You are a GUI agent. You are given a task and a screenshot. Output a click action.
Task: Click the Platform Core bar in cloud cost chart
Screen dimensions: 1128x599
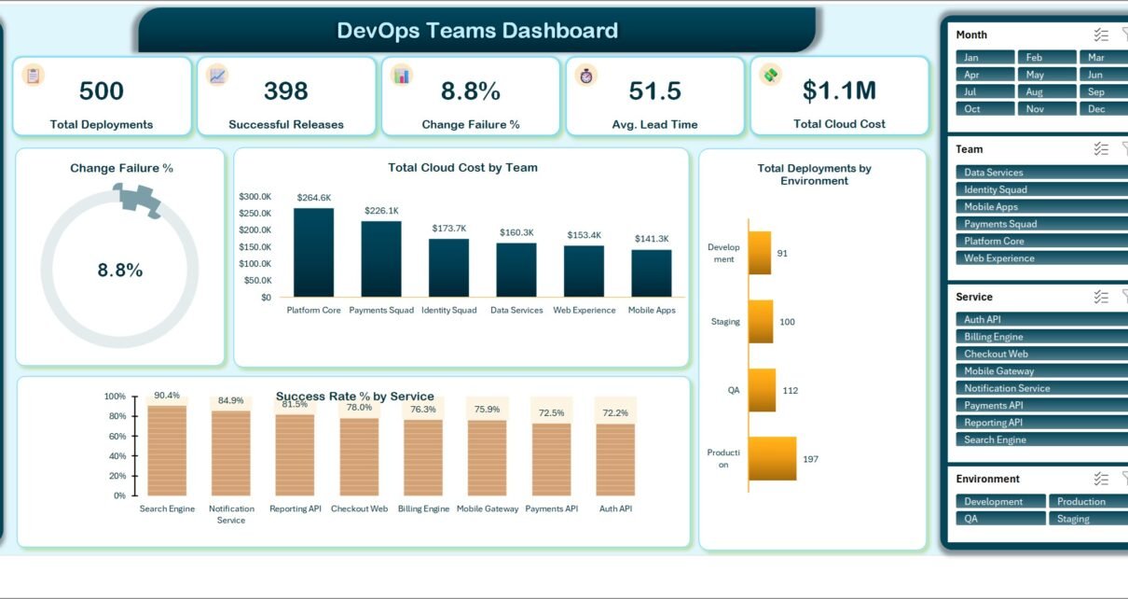click(x=313, y=253)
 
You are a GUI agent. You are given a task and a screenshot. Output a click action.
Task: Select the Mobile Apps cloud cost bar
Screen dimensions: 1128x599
click(x=651, y=273)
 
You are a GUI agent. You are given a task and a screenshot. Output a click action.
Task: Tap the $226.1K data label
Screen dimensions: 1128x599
click(x=381, y=211)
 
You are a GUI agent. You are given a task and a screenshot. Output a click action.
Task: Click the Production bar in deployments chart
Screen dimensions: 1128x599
click(x=773, y=458)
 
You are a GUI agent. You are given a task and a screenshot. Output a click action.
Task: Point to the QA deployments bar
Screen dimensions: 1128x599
click(x=762, y=390)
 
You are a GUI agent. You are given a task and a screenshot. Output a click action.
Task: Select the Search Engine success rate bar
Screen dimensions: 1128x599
click(x=167, y=451)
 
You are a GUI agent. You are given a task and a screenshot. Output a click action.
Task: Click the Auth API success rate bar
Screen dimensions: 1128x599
click(x=615, y=460)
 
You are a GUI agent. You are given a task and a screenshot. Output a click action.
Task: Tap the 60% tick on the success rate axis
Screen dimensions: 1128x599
click(x=117, y=436)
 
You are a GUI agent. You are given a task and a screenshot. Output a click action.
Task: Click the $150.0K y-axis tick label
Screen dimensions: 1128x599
click(x=254, y=247)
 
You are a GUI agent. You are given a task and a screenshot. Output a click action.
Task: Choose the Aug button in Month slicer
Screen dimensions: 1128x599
click(x=1046, y=91)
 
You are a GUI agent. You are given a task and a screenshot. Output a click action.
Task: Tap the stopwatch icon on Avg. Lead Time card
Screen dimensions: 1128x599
click(x=585, y=76)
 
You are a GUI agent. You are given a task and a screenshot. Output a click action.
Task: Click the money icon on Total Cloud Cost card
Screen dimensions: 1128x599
click(x=770, y=76)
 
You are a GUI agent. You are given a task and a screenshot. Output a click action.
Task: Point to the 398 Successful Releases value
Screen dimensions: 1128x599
click(x=285, y=91)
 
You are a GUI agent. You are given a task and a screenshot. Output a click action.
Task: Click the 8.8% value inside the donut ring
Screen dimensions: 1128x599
click(x=120, y=271)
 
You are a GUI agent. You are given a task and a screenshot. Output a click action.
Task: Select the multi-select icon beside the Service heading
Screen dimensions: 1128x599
click(x=1101, y=297)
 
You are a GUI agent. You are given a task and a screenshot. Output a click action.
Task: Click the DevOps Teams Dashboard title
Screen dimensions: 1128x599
click(x=477, y=30)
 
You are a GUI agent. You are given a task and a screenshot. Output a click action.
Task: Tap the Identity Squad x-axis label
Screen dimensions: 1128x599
click(x=448, y=310)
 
